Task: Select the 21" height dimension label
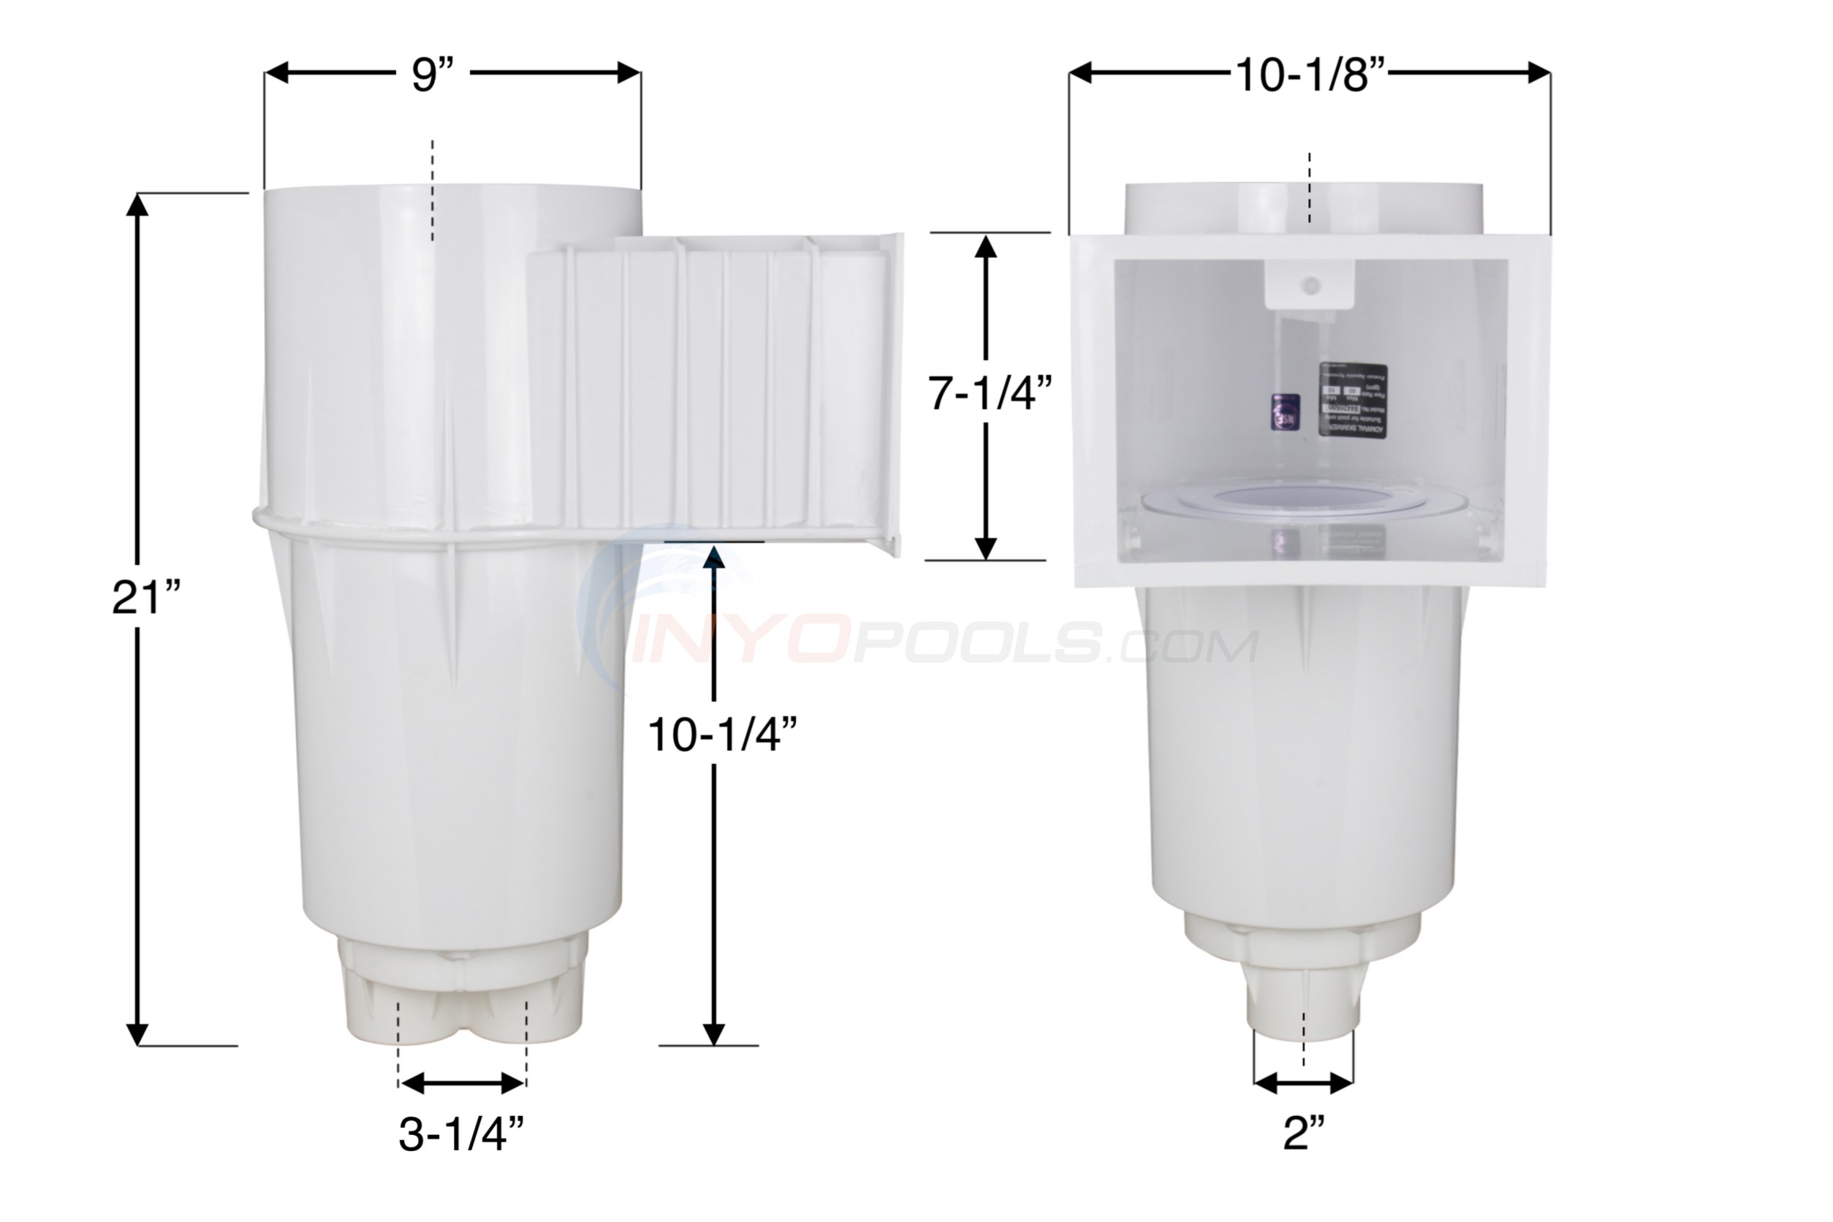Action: click(146, 599)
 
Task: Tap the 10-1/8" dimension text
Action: click(1310, 75)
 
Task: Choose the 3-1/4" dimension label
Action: click(461, 1134)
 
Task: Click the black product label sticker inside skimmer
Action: click(1352, 401)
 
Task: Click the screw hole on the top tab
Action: click(1311, 285)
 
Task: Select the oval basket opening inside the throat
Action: click(1303, 500)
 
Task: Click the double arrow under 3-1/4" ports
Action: click(462, 1082)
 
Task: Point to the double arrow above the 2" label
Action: click(1303, 1082)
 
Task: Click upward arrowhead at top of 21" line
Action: click(137, 204)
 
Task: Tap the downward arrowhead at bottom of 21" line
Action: click(137, 1034)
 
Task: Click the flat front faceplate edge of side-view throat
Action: click(894, 393)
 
